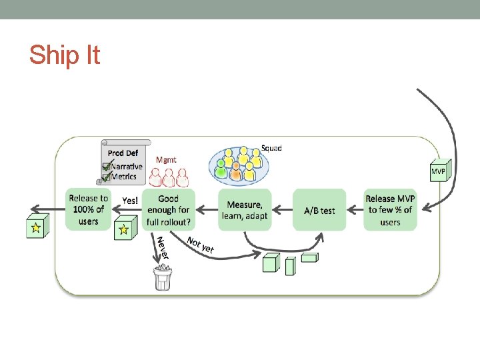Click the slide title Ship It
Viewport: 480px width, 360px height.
[64, 55]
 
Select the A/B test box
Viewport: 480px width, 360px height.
[319, 210]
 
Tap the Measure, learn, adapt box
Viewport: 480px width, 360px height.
[245, 209]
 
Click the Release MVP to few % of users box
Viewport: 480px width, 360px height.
[390, 209]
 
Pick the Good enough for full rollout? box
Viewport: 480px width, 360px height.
[169, 209]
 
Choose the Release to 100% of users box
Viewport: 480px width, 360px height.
[88, 209]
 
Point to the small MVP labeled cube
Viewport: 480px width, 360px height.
[438, 171]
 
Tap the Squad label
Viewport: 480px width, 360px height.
[271, 147]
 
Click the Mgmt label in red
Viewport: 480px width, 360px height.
[166, 159]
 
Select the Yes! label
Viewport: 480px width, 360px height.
[131, 199]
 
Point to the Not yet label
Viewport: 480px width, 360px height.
[200, 245]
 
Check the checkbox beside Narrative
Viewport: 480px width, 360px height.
[106, 167]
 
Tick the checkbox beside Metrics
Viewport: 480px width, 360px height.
[106, 177]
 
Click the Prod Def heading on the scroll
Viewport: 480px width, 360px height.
[123, 153]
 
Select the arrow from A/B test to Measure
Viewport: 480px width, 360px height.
[283, 210]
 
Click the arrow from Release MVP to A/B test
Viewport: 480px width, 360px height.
[355, 210]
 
